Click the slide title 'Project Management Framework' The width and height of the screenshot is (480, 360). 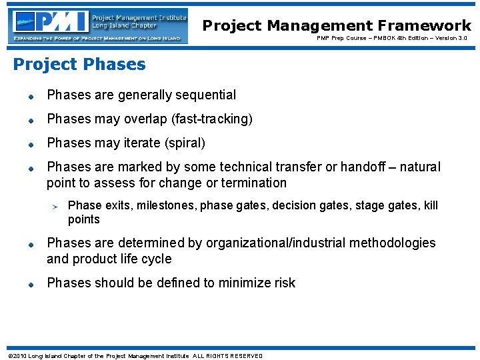(x=337, y=25)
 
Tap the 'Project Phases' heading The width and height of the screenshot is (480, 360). (x=79, y=65)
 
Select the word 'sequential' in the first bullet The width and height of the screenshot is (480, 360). (x=205, y=95)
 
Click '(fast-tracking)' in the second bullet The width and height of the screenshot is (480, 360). (x=212, y=119)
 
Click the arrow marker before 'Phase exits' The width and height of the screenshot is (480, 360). (x=57, y=206)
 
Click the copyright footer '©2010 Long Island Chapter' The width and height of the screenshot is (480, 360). (x=133, y=356)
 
